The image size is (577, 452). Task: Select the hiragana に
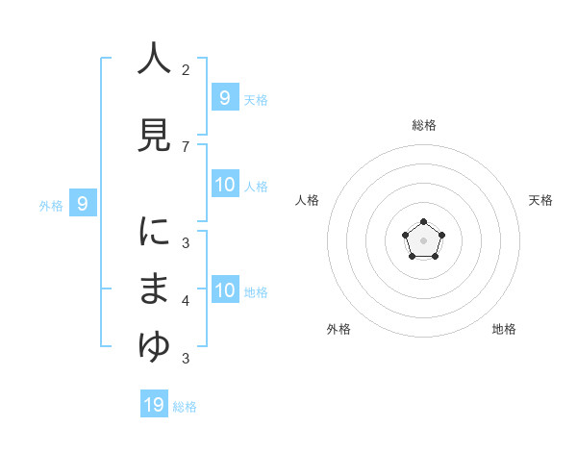point(154,232)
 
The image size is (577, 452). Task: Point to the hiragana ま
point(154,289)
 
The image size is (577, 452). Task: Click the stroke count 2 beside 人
point(186,69)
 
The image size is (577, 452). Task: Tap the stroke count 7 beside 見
point(186,146)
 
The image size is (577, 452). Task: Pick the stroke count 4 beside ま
point(186,301)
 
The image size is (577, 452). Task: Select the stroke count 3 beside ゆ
point(186,359)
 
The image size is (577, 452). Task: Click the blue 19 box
point(154,405)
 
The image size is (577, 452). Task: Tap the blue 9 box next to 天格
point(224,97)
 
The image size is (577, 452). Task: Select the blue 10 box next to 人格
point(225,185)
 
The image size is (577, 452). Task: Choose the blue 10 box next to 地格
point(225,290)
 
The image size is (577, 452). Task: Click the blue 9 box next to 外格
point(84,203)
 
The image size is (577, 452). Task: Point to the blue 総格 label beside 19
point(185,407)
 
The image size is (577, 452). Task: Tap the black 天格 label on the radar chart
point(541,200)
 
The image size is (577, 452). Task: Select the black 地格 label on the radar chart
point(504,329)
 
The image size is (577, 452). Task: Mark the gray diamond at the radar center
point(424,241)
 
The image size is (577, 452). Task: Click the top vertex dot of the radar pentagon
point(424,223)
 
